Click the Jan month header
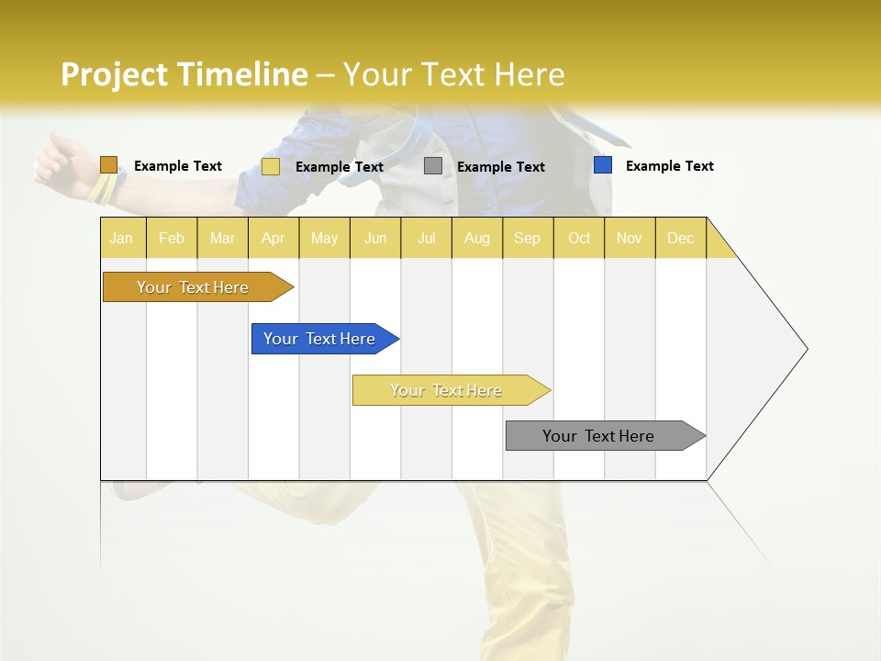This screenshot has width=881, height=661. coord(122,238)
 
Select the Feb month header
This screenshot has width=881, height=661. coord(172,238)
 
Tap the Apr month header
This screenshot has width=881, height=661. coord(273,238)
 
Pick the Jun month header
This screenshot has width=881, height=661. coord(375,238)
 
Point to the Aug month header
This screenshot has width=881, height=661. coord(476,238)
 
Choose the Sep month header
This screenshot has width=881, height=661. coord(528,238)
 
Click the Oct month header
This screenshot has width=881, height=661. coord(579,238)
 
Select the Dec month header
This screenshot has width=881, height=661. coord(680,238)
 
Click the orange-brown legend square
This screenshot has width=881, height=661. coord(108,165)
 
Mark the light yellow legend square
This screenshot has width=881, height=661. coord(271,166)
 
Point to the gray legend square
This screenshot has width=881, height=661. coord(433,166)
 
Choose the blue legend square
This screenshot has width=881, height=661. coord(602,165)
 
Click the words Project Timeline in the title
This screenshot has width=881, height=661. coord(184,74)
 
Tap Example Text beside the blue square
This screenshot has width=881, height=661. coord(669,166)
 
